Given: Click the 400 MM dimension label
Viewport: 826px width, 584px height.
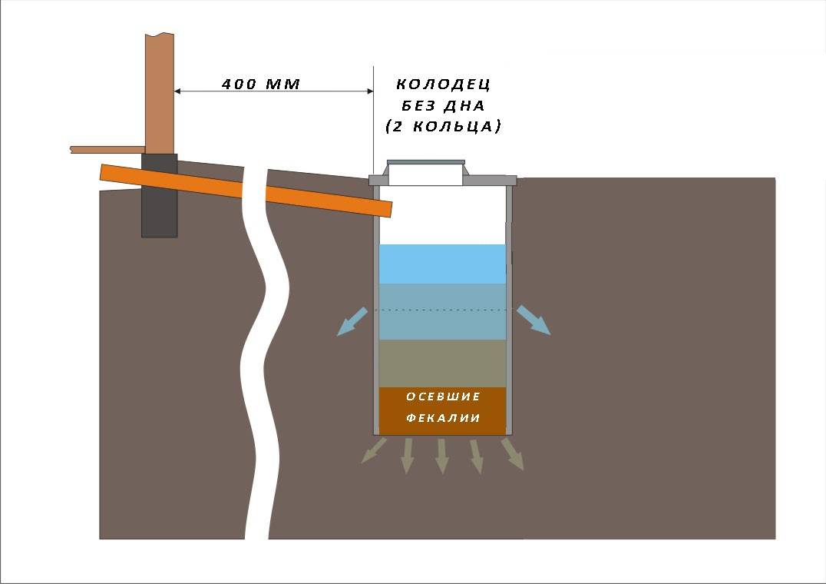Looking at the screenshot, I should [260, 83].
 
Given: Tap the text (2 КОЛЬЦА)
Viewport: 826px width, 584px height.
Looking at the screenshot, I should [443, 126].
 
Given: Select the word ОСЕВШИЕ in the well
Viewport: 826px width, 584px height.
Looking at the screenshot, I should [443, 397].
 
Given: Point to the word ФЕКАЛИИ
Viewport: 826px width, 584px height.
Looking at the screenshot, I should [443, 418].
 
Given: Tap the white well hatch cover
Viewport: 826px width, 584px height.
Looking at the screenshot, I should [425, 174].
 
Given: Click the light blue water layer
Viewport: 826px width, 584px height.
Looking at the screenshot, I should [443, 264].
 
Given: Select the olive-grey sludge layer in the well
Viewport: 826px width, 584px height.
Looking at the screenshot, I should [443, 363].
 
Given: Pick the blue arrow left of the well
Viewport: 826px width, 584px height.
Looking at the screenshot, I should [352, 321].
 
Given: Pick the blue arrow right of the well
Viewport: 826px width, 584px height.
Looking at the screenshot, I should [534, 320].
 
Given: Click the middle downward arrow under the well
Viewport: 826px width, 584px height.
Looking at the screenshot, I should [441, 456].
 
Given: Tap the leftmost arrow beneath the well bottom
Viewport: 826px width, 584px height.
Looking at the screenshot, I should [374, 451].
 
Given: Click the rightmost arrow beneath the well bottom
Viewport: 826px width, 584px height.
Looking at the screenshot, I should [513, 454].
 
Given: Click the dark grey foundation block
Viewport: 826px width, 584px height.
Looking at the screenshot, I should [159, 196].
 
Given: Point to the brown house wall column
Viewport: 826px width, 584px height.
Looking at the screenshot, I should [160, 92].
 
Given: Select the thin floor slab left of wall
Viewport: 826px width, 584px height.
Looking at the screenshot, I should [107, 149].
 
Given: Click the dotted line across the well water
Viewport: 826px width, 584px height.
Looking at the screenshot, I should [443, 310].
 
